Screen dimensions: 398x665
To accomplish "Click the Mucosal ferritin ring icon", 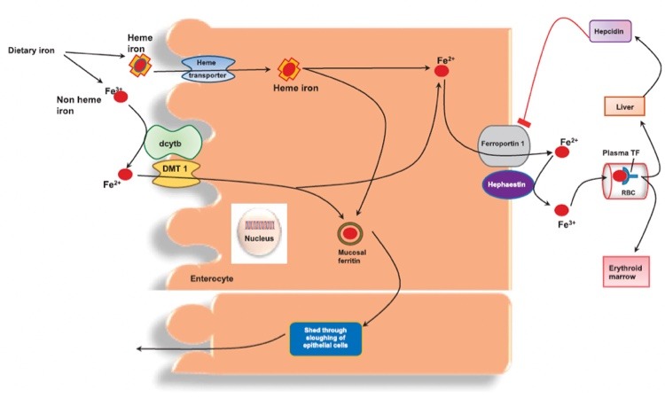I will (x=351, y=233).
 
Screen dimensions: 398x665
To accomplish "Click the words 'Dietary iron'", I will (x=32, y=50).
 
